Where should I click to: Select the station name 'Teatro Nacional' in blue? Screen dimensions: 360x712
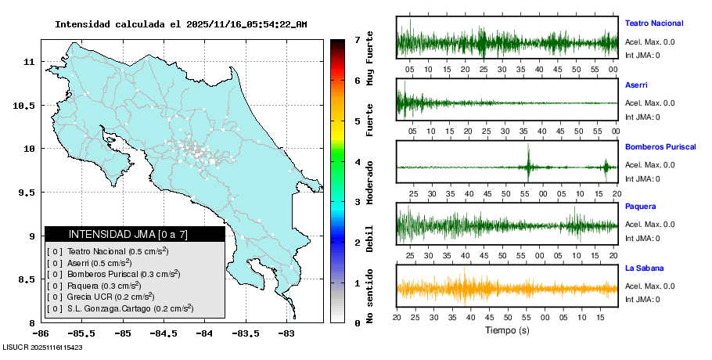pyautogui.click(x=653, y=23)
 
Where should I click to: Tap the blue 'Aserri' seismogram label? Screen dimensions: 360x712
pyautogui.click(x=636, y=85)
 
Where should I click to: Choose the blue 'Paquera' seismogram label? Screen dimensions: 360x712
pyautogui.click(x=640, y=207)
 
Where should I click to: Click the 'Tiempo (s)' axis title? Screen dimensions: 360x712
pyautogui.click(x=507, y=331)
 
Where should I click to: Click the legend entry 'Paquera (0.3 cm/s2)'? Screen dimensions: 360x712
pyautogui.click(x=108, y=286)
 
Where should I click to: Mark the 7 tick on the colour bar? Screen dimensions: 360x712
pyautogui.click(x=357, y=39)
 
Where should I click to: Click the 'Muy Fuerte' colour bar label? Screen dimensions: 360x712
pyautogui.click(x=370, y=59)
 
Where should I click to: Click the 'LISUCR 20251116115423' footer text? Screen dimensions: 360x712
pyautogui.click(x=43, y=347)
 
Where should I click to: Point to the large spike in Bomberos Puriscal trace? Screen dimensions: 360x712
pyautogui.click(x=529, y=164)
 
